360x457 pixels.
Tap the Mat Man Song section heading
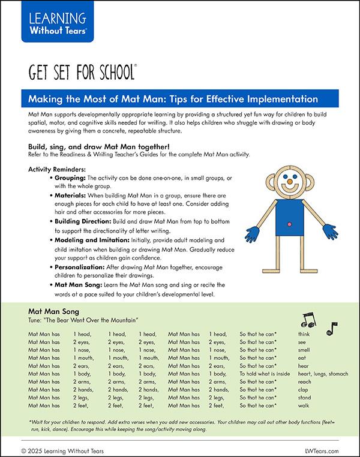[x=54, y=312]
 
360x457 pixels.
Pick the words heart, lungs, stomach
[x=323, y=374]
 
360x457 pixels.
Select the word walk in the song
[x=304, y=405]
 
